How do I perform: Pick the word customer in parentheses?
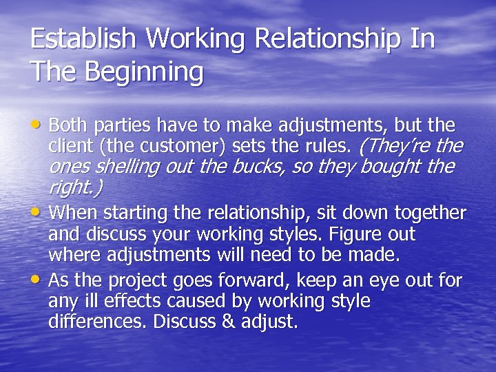pos(189,146)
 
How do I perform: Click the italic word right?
pos(70,187)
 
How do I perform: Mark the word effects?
pos(133,301)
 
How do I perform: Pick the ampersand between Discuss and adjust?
pos(234,322)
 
